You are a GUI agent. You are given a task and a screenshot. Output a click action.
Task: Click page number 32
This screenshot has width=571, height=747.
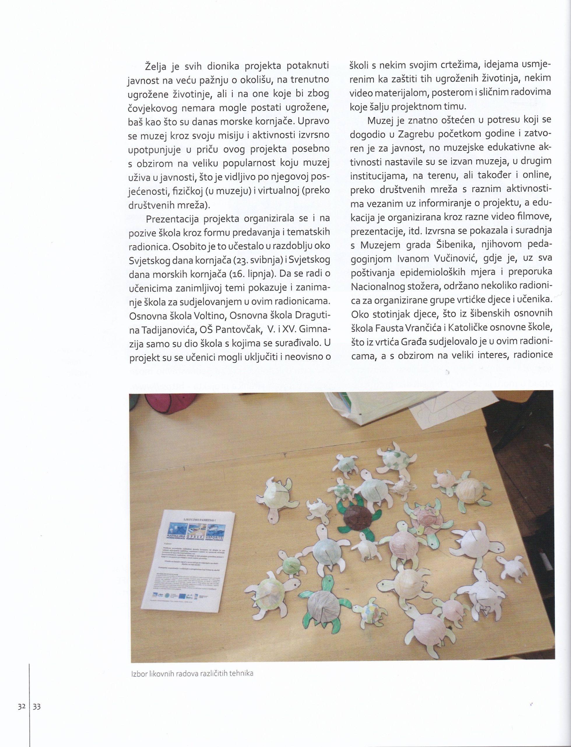22,706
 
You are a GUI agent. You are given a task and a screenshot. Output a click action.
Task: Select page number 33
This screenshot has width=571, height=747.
36,706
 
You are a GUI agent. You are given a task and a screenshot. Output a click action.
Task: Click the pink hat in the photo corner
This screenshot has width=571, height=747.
162,407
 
